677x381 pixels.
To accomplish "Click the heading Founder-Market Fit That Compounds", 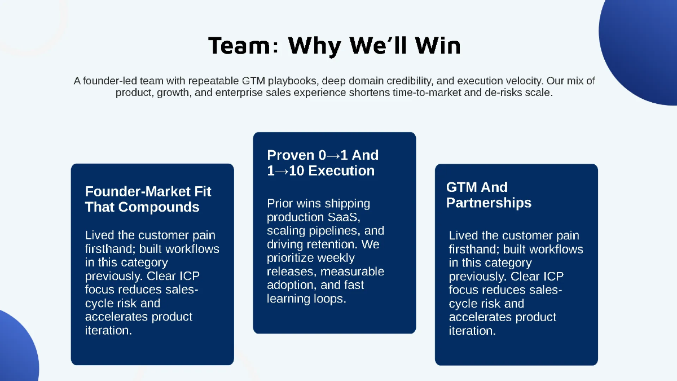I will coord(148,199).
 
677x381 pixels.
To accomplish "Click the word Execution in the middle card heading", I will coord(341,171).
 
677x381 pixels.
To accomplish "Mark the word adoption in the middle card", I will coord(291,285).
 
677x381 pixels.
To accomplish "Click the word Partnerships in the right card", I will coord(489,203).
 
